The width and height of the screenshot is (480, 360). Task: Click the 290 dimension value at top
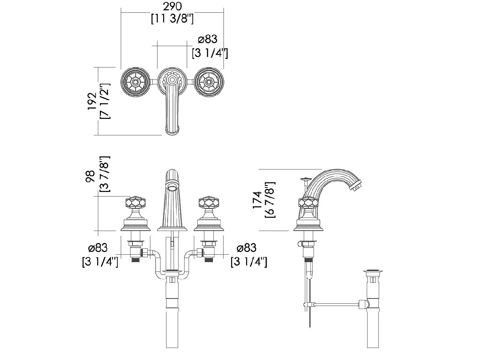pyautogui.click(x=172, y=6)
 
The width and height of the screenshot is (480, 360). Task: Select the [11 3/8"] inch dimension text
pyautogui.click(x=172, y=19)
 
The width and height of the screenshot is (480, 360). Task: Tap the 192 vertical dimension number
pyautogui.click(x=92, y=101)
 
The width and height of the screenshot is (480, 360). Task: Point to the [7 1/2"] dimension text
pyautogui.click(x=105, y=101)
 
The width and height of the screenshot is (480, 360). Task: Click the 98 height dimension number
pyautogui.click(x=90, y=176)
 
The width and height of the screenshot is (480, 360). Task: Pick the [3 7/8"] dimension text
pyautogui.click(x=105, y=174)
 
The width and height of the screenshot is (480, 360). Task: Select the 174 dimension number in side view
pyautogui.click(x=257, y=200)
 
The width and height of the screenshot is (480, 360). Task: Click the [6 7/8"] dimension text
pyautogui.click(x=270, y=200)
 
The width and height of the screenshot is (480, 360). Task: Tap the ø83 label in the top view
pyautogui.click(x=207, y=39)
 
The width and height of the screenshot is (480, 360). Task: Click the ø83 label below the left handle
pyautogui.click(x=98, y=248)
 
